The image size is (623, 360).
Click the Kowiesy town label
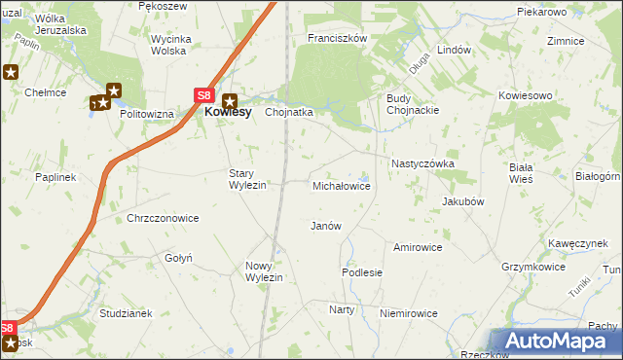[228, 112]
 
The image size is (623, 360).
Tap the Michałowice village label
[341, 185]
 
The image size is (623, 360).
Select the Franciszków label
[336, 38]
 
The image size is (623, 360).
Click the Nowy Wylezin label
[264, 271]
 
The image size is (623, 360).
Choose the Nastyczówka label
[422, 164]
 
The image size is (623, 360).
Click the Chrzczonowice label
[163, 218]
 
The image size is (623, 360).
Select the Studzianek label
[127, 313]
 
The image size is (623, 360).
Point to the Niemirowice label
[409, 313]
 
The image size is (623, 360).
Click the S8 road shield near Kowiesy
[202, 95]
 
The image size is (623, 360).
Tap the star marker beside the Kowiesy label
[231, 98]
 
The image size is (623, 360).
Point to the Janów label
[325, 226]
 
